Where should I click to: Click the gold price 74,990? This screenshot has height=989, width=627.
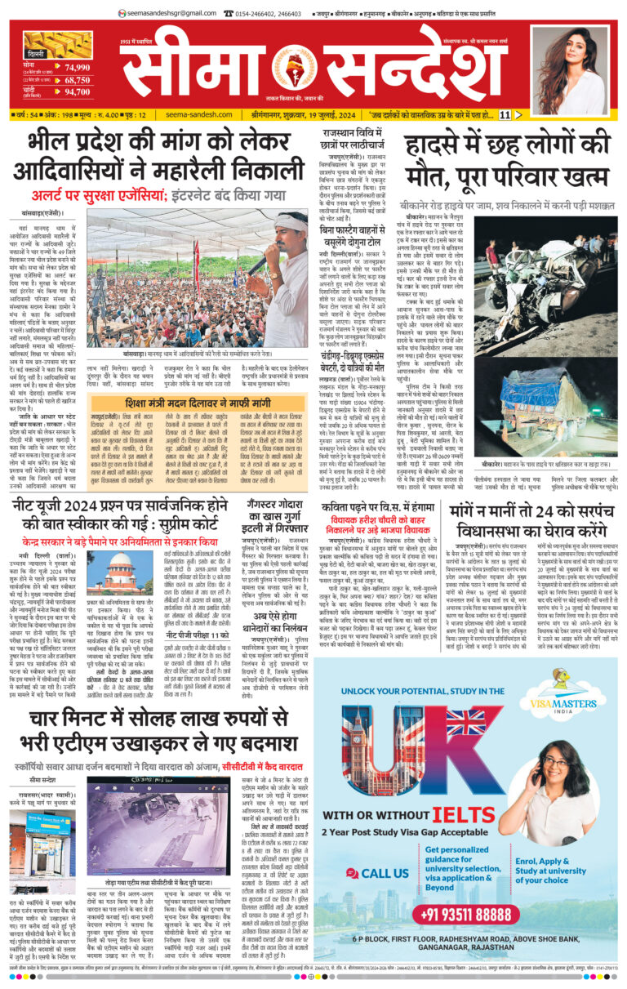coord(78,68)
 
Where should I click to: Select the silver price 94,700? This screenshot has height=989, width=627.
coord(78,92)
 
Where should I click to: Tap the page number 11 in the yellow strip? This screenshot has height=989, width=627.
coord(505,114)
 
